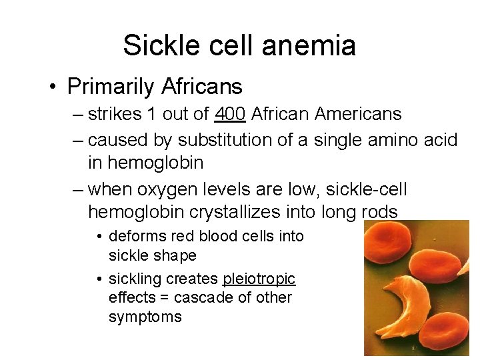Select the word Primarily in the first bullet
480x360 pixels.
click(x=111, y=86)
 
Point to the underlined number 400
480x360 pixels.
click(x=231, y=114)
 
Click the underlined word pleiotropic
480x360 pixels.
click(x=259, y=278)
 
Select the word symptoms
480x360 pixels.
click(x=145, y=317)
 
